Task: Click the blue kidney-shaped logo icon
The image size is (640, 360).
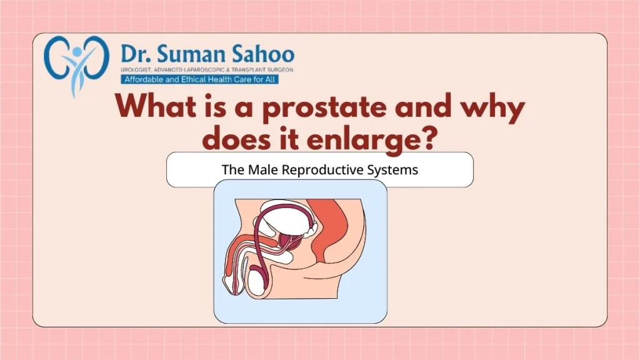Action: coord(77,65)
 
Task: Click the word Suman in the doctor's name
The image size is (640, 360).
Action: coord(190,54)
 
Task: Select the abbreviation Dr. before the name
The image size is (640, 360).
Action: coord(136,54)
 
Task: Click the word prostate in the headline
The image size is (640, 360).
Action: coord(324,107)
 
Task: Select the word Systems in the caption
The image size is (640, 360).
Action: coord(392,170)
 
